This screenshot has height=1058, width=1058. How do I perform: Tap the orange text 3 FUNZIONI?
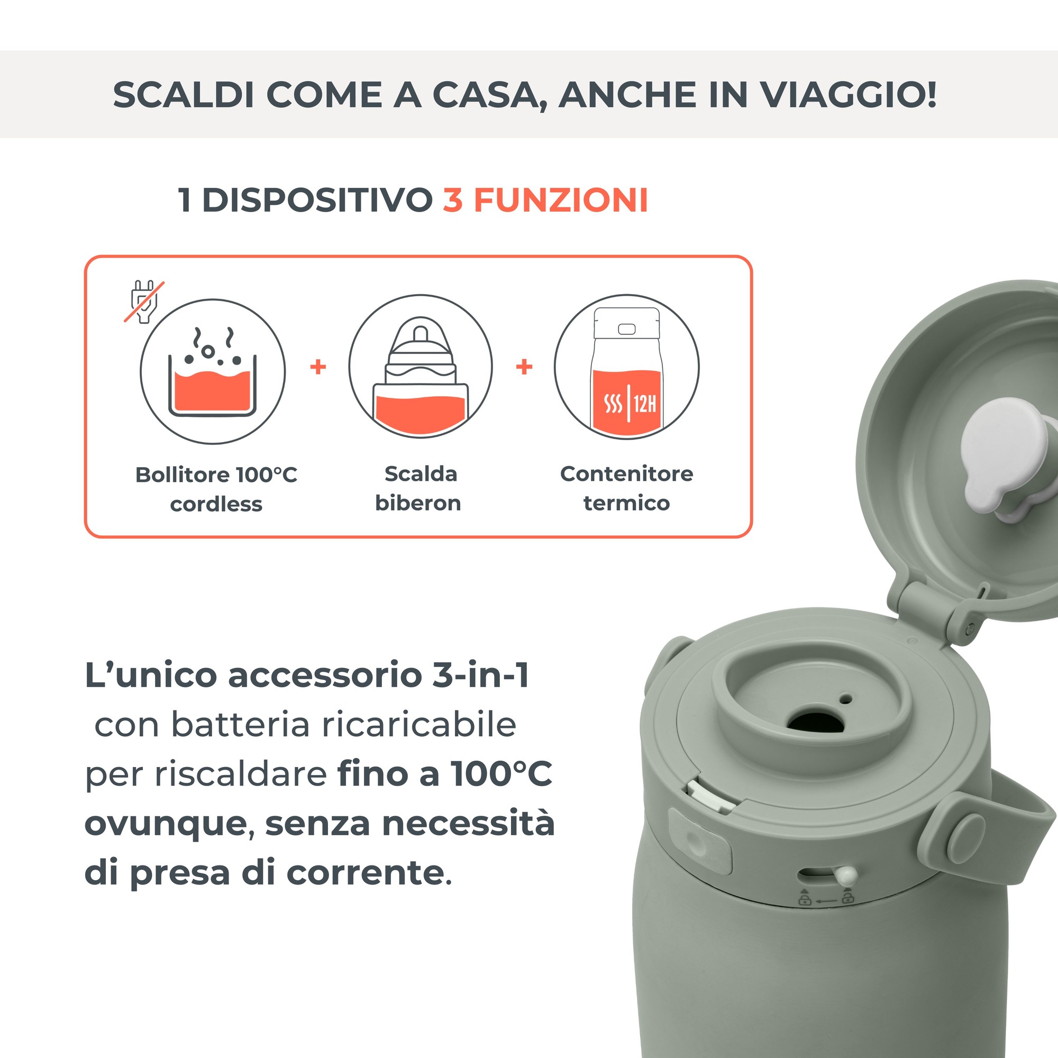coord(545,200)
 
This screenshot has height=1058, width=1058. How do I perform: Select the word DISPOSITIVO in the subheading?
coord(317,200)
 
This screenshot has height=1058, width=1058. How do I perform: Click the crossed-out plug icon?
coord(144,302)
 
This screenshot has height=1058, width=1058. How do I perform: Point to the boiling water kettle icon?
coord(213,372)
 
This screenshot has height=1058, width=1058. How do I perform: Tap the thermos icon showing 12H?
coord(626,368)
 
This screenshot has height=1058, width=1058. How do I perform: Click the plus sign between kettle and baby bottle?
coord(318,367)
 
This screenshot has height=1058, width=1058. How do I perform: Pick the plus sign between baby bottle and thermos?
coord(524,367)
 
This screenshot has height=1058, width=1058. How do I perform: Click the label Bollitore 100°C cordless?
coord(216,489)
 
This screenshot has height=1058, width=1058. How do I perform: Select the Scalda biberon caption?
coord(419,488)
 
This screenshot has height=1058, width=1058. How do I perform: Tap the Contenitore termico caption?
coord(626,488)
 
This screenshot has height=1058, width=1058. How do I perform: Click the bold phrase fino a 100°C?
coord(445,774)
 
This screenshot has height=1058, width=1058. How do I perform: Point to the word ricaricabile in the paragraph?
coord(419,725)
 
